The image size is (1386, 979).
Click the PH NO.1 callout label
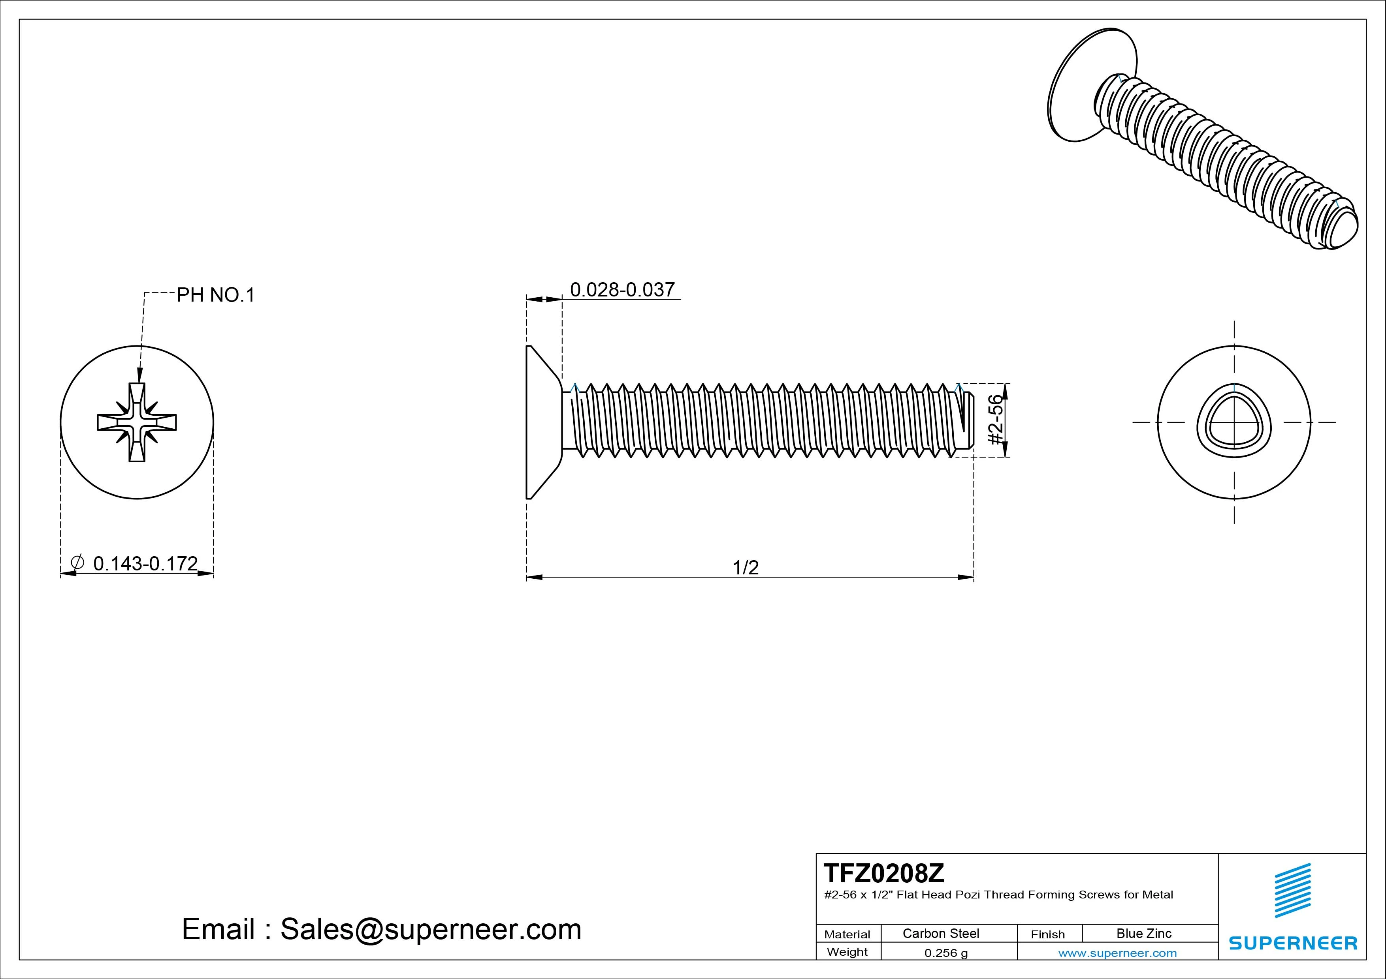click(x=215, y=295)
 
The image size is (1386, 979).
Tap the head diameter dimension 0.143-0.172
click(x=145, y=563)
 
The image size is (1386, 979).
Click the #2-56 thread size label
click(x=995, y=420)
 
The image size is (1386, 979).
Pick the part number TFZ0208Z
click(x=884, y=873)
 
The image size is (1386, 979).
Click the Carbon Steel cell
click(x=940, y=933)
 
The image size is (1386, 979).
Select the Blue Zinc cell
click(x=1143, y=933)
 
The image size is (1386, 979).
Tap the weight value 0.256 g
click(x=946, y=953)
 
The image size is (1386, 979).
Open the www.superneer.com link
click(x=1117, y=953)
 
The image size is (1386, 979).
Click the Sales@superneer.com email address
click(x=430, y=930)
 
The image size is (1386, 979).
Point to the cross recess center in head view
click(x=137, y=422)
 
